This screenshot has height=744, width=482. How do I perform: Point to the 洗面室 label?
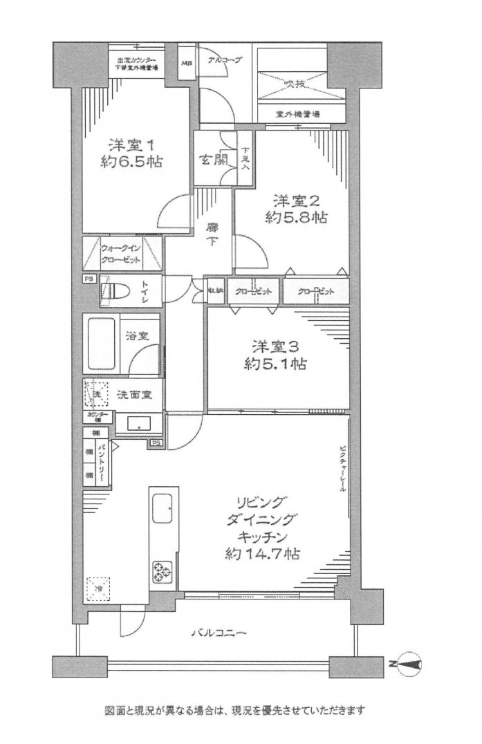pos(139,395)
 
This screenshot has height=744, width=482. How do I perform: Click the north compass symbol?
pos(410,664)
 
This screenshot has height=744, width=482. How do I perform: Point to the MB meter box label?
pos(187,64)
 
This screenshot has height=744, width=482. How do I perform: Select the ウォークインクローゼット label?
pos(122,254)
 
